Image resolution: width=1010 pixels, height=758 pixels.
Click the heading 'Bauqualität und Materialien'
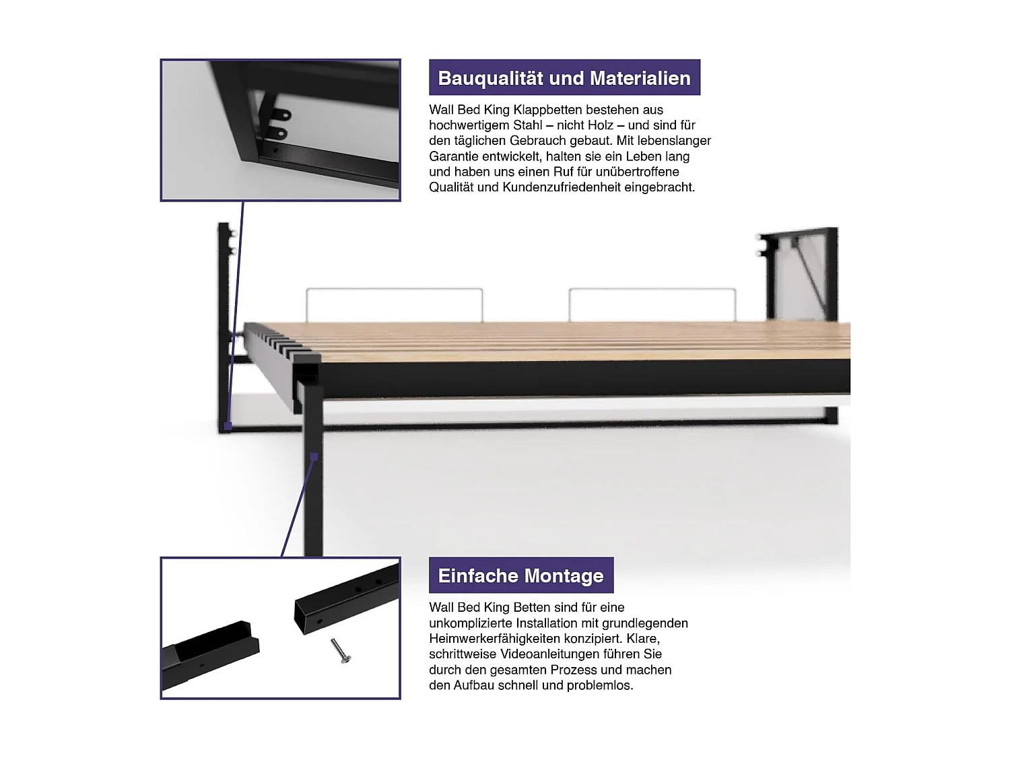tap(564, 78)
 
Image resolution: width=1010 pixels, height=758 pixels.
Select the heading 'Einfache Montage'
tap(520, 576)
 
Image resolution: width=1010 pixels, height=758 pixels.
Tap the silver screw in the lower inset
tap(341, 651)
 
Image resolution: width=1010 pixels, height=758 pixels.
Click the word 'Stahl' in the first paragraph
tap(527, 125)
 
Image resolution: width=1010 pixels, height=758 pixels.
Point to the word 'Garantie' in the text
tap(453, 156)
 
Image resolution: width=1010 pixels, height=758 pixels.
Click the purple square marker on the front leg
tap(314, 457)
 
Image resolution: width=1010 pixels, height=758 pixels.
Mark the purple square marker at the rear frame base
tap(228, 426)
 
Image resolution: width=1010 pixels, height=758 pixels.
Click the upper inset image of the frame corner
tap(280, 130)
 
